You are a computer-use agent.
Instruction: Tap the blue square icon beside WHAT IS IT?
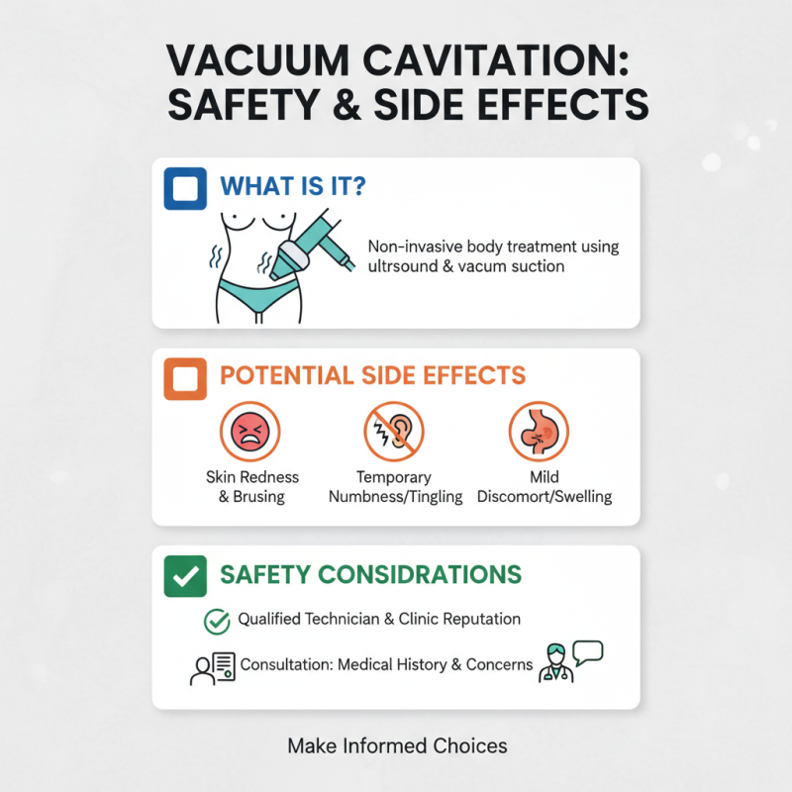tap(184, 188)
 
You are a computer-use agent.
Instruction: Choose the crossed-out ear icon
tap(395, 431)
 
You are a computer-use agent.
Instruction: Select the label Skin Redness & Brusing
tap(250, 487)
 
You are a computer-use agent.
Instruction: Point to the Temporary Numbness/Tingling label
tap(395, 487)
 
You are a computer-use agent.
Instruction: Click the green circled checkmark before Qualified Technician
tap(216, 621)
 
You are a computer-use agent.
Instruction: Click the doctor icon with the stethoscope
tap(554, 664)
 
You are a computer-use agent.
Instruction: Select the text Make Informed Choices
tap(397, 745)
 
